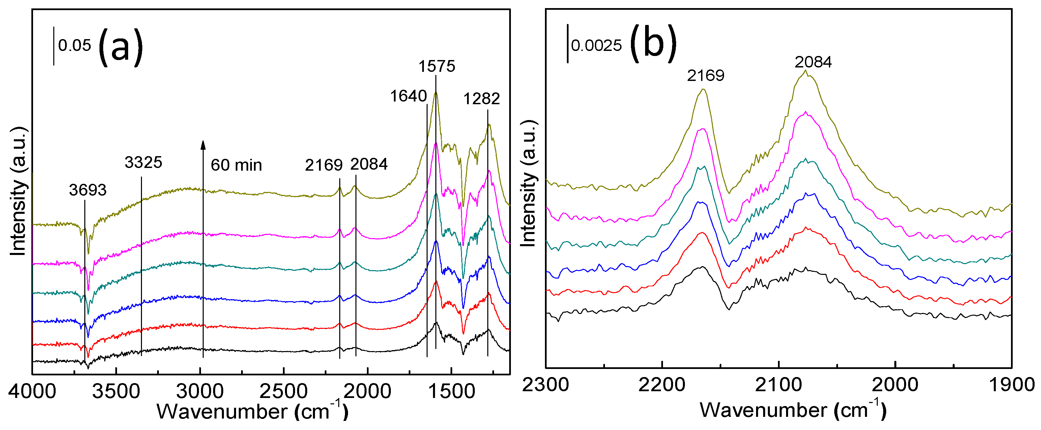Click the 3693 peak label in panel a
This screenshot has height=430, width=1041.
tap(87, 190)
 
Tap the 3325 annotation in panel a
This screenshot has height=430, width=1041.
tap(143, 163)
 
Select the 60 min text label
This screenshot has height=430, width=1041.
tap(236, 165)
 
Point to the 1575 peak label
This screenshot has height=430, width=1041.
tap(436, 66)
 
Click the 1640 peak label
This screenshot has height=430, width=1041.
tap(408, 96)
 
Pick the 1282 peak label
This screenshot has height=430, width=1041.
tap(481, 98)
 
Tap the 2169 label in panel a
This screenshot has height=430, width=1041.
tap(324, 165)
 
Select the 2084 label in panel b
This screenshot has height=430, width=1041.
tap(813, 62)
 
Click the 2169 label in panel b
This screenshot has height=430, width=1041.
tap(705, 75)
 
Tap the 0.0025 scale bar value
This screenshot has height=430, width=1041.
tap(596, 45)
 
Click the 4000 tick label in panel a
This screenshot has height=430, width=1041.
tap(32, 391)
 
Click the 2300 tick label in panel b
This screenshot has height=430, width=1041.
tap(546, 384)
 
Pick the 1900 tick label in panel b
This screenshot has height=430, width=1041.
tap(1011, 384)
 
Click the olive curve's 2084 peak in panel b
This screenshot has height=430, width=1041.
tap(805, 71)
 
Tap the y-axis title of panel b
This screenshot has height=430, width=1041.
tap(528, 184)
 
